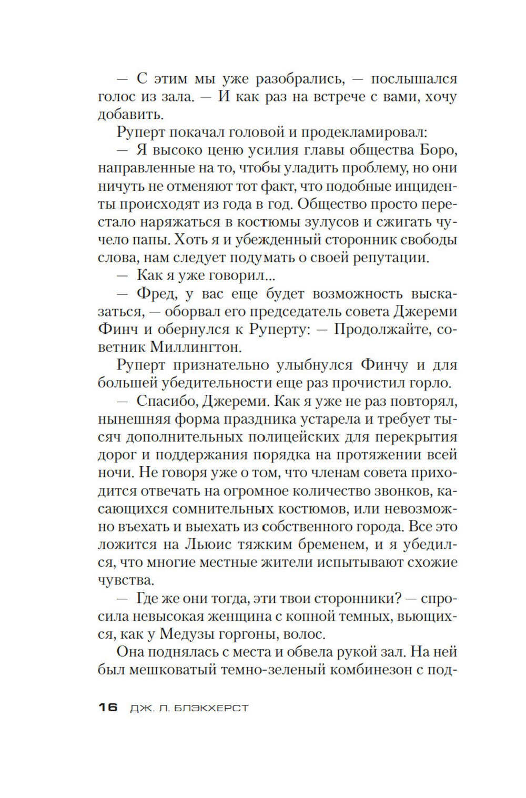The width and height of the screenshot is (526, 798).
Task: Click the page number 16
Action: [x=108, y=708]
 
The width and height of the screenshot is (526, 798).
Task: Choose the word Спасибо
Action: [x=170, y=401]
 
